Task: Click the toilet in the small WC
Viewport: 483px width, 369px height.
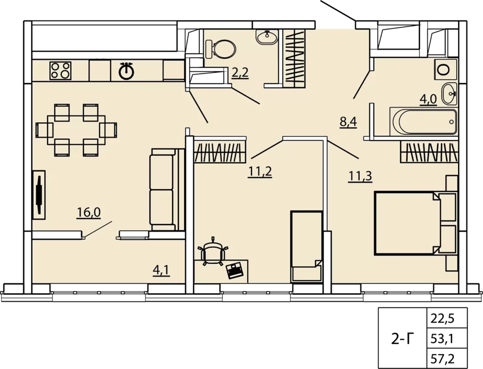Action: (x=221, y=49)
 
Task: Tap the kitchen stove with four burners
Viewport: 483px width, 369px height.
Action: (x=60, y=71)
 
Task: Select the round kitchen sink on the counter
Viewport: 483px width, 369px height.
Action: (x=126, y=71)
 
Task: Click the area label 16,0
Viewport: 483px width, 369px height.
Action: (x=89, y=212)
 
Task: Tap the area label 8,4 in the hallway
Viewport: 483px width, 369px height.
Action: (x=348, y=122)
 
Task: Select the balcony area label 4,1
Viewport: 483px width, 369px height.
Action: (x=161, y=270)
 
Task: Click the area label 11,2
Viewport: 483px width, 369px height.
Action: (x=260, y=172)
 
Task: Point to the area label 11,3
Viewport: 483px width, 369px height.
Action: (x=360, y=176)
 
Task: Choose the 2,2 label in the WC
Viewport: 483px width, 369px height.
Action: (x=240, y=73)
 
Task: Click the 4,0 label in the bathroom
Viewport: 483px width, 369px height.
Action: (x=428, y=99)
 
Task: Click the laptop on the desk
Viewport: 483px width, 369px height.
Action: (x=235, y=270)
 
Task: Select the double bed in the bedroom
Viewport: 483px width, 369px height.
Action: (x=415, y=223)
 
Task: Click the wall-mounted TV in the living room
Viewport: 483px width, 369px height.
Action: (x=39, y=195)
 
